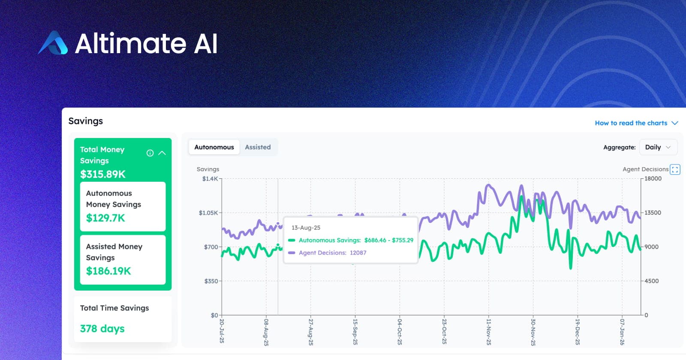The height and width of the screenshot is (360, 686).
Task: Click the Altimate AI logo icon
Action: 53,43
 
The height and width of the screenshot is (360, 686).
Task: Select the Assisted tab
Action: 258,147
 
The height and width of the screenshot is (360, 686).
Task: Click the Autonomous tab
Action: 214,147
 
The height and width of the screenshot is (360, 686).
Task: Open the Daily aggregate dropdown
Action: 658,147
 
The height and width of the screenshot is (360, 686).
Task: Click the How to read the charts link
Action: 631,123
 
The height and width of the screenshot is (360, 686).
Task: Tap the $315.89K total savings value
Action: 103,174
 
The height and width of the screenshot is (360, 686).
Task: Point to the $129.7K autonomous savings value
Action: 105,218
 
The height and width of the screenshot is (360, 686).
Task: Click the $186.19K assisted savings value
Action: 108,271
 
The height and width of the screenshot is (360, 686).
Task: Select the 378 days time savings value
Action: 102,329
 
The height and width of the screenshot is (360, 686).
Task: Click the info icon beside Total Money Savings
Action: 150,153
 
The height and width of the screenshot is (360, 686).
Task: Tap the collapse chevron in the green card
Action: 162,153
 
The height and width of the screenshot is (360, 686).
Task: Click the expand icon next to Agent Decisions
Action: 675,170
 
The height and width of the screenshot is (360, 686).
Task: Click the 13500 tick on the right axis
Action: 653,213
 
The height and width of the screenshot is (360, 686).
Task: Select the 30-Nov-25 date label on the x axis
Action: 533,332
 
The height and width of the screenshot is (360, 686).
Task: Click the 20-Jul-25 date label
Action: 222,331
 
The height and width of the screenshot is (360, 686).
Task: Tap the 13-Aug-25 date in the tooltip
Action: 306,228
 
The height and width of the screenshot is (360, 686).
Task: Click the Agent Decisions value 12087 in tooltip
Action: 358,253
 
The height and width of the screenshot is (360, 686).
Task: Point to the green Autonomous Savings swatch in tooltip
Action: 292,240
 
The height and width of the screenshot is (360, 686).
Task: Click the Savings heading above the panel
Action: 86,121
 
